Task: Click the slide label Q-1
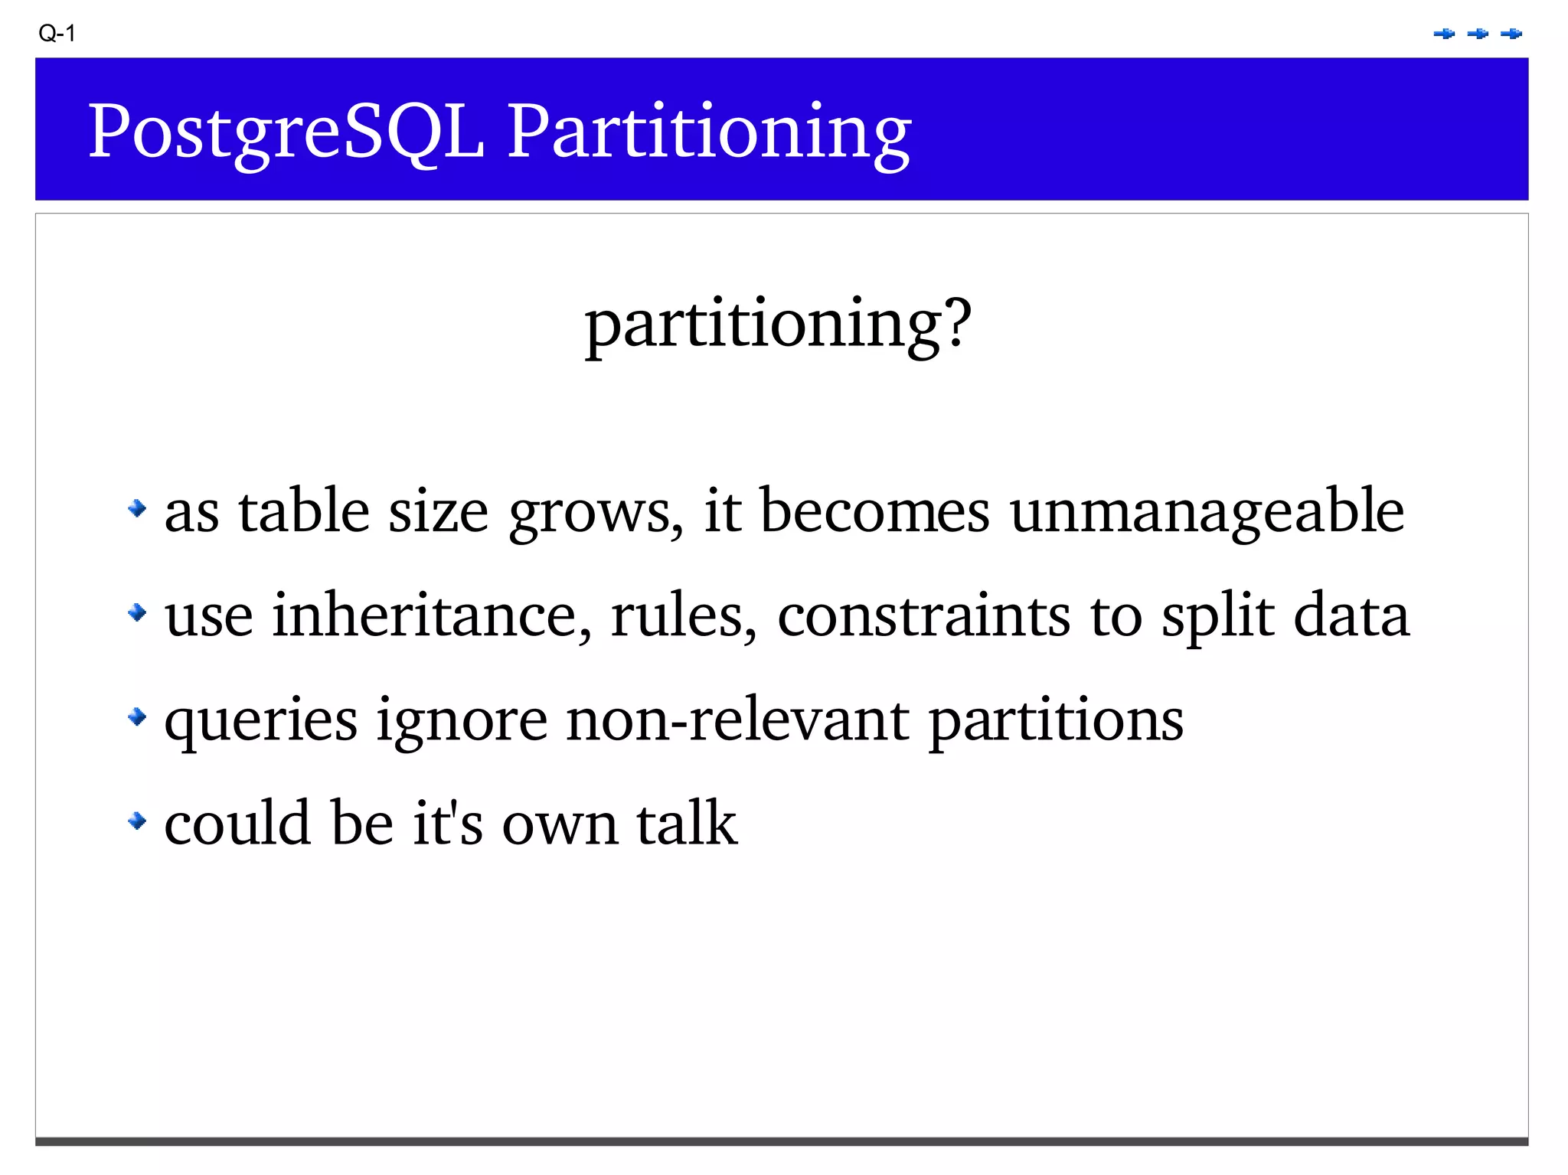tap(57, 34)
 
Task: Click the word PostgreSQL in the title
tap(286, 132)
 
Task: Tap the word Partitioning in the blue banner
tap(708, 132)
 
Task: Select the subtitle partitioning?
tap(778, 323)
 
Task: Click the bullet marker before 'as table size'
tap(137, 508)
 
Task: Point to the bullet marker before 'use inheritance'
tap(137, 612)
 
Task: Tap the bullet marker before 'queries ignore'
tap(137, 717)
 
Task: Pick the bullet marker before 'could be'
tap(137, 821)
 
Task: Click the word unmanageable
tap(1207, 511)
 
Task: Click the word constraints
tap(923, 615)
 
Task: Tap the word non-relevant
tap(737, 720)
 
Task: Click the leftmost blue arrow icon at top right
tap(1444, 34)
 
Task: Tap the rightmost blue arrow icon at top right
tap(1511, 34)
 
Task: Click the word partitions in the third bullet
tap(1056, 721)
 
